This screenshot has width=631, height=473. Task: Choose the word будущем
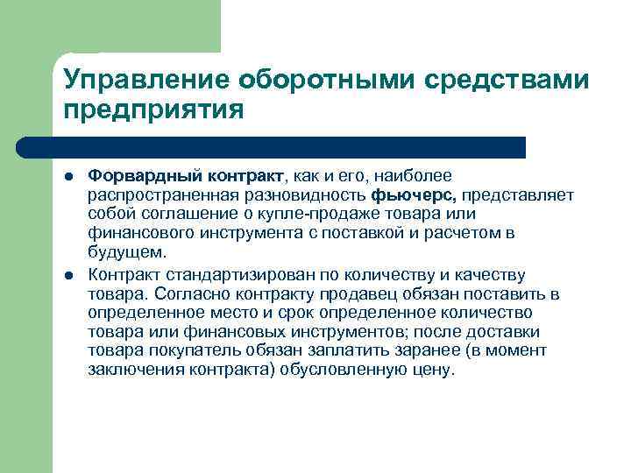125,252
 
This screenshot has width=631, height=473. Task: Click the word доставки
513,332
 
